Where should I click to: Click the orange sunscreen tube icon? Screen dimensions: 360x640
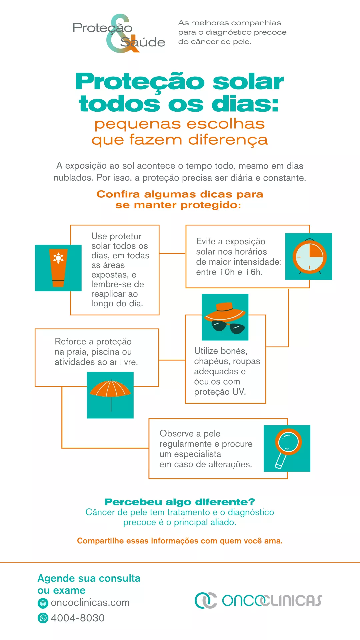tap(58, 268)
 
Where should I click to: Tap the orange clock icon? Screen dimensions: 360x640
tap(309, 257)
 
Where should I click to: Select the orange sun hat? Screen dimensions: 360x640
tap(225, 312)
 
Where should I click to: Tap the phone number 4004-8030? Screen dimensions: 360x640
tap(78, 618)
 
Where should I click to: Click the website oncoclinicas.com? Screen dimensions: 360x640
tap(90, 603)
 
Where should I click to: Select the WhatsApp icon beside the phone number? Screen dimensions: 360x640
tap(43, 618)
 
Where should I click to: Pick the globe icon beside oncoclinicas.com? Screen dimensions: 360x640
tap(43, 603)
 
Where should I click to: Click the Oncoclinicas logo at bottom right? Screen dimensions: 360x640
tap(258, 600)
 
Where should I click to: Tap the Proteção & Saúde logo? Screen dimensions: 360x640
tap(119, 33)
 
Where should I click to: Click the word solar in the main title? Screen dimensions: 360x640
tap(248, 81)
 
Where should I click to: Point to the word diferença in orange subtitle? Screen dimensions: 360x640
tap(228, 140)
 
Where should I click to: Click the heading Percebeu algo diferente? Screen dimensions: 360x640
tap(180, 502)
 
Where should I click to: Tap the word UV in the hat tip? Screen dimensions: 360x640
tap(239, 392)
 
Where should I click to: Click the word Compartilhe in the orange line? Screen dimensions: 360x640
tap(96, 541)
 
